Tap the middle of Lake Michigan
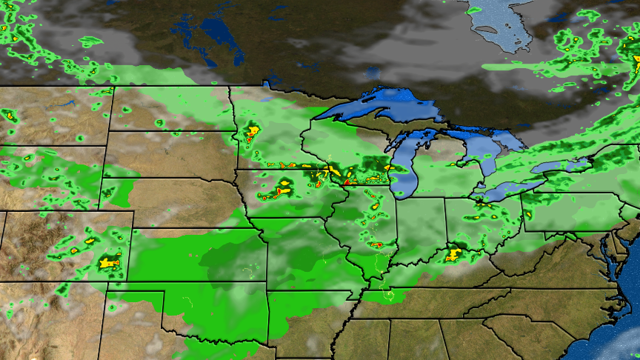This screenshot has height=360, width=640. pos(404,167)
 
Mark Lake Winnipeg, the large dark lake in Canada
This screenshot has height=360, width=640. pos(215,37)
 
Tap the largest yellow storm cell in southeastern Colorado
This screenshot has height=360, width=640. pos(109,261)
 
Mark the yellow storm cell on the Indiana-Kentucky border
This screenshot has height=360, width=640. pos(453,255)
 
